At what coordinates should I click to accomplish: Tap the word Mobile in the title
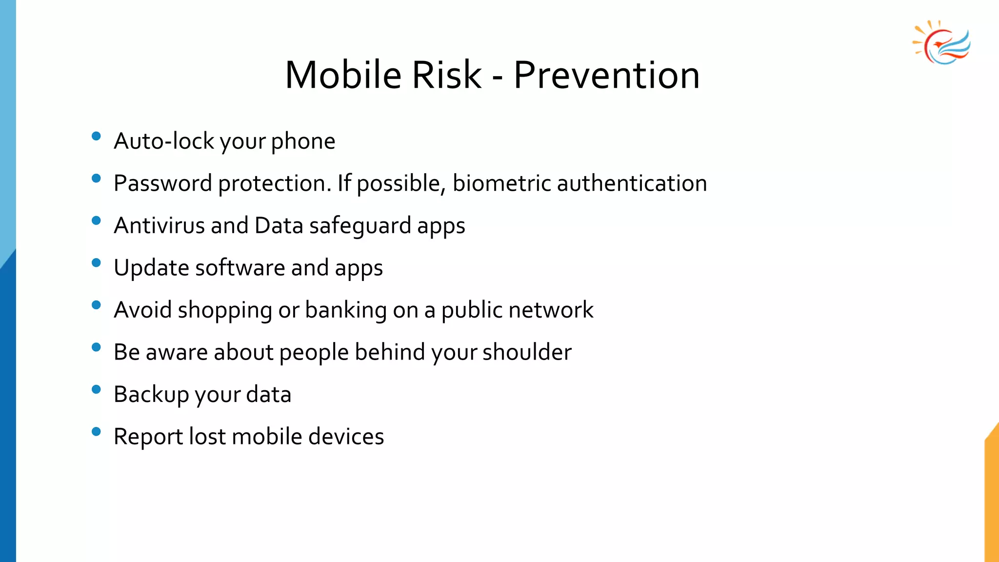[343, 75]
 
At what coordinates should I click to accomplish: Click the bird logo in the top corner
[941, 43]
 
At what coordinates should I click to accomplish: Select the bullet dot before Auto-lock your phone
[96, 136]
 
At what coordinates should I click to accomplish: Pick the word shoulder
[527, 352]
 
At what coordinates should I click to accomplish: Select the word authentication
[632, 183]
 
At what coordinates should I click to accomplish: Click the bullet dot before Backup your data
[96, 389]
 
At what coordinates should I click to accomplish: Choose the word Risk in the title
[446, 75]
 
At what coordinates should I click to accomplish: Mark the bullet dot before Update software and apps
[96, 263]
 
